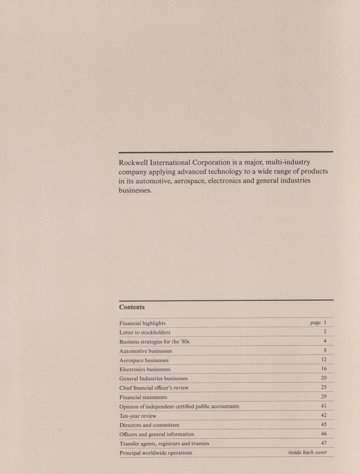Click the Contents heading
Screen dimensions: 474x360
click(x=132, y=307)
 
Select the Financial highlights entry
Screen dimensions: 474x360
click(x=142, y=323)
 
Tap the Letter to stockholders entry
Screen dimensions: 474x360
click(x=144, y=332)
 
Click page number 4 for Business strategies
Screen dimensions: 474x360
click(x=324, y=341)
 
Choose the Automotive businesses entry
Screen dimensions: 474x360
click(x=146, y=351)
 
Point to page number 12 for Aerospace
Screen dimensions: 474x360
click(x=324, y=360)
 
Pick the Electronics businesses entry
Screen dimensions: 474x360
click(x=145, y=369)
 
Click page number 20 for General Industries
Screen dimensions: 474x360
click(x=324, y=378)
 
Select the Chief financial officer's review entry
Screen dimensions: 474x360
click(x=154, y=388)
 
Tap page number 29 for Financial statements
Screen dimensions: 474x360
click(x=324, y=397)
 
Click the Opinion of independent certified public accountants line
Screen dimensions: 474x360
click(x=179, y=406)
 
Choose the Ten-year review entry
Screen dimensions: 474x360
click(x=138, y=416)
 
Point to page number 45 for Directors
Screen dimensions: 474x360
click(x=324, y=424)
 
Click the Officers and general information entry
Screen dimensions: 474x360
click(x=157, y=434)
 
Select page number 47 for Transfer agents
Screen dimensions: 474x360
click(x=324, y=443)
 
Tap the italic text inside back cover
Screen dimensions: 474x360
click(x=307, y=452)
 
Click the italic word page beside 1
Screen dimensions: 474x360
click(x=315, y=323)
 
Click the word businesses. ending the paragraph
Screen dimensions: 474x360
click(x=135, y=190)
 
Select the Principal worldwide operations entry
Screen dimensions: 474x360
click(x=156, y=453)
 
